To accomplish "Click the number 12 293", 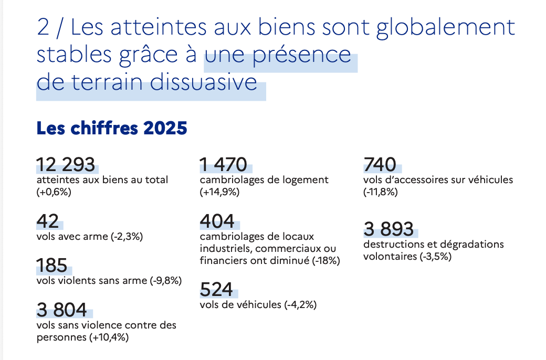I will point(66,165).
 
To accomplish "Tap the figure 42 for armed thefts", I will point(48,221).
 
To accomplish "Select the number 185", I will point(52,266).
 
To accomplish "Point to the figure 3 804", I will point(62,310).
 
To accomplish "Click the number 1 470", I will point(223,165).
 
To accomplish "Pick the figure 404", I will point(217,221).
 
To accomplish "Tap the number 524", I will point(216,289).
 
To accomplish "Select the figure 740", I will point(380,165).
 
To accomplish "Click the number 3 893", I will point(388,229).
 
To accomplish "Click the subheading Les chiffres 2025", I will point(111,128).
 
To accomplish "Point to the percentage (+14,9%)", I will point(219,192).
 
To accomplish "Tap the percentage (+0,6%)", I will point(54,192).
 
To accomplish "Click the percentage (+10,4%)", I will point(109,337).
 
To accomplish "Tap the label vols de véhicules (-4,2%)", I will point(258,305).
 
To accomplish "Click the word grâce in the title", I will point(144,55).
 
